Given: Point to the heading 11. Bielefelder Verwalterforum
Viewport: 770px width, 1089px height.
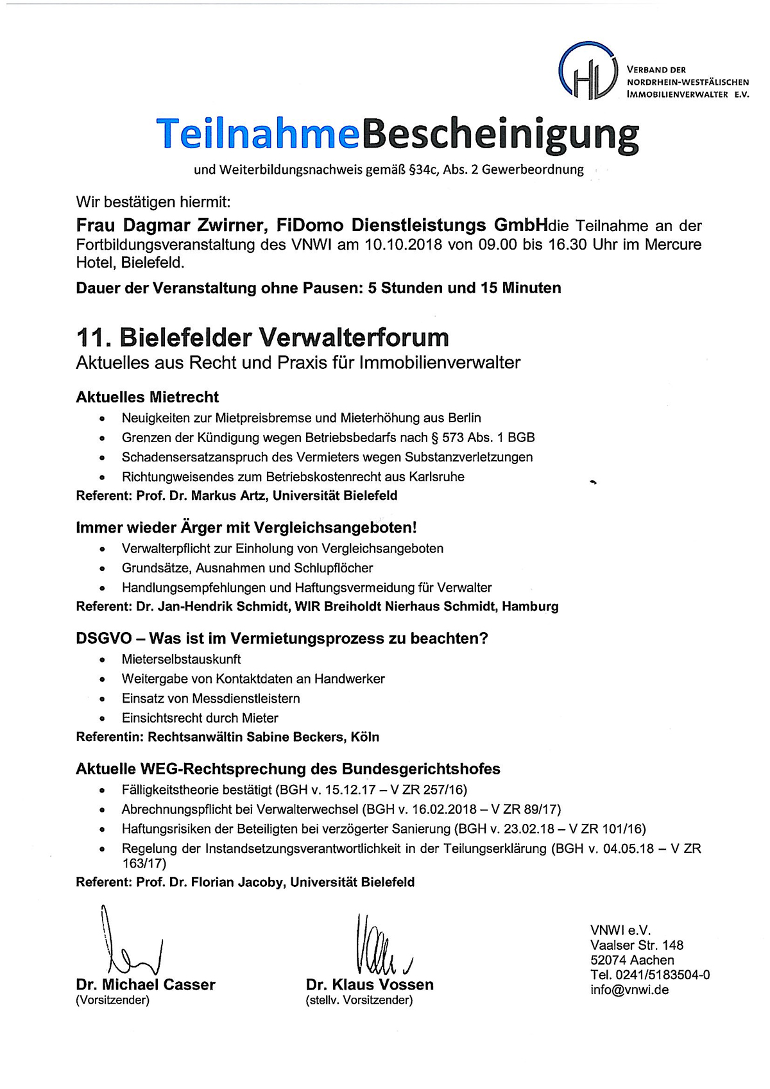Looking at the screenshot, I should [x=262, y=338].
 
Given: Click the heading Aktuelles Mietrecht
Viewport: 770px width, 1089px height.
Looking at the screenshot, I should [x=147, y=397].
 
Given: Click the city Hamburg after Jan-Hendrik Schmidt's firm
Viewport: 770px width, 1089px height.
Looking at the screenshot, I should [x=530, y=606].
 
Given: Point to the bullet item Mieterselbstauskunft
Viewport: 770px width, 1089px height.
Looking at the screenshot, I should [x=181, y=659].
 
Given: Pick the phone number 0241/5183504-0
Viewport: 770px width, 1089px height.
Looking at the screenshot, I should [x=660, y=975].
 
